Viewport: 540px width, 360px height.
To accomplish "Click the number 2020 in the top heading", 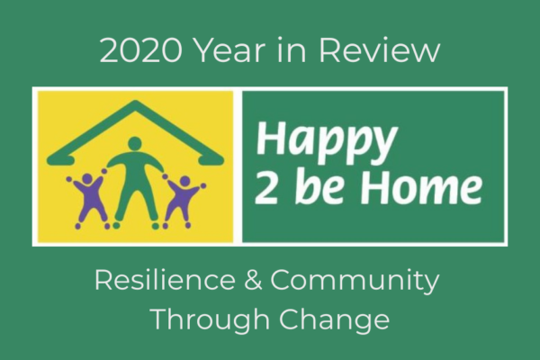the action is point(140,51).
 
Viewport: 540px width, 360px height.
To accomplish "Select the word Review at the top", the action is point(380,51).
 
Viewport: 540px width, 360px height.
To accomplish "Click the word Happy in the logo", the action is point(326,141).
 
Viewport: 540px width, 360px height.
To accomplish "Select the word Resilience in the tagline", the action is point(165,281).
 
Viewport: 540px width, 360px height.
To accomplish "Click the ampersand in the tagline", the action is point(254,281).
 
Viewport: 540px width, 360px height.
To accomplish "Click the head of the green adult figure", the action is point(135,144).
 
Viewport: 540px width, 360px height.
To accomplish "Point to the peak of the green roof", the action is point(135,102).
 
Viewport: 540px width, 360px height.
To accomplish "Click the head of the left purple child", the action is point(86,180).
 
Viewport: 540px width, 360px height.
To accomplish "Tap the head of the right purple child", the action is point(184,182).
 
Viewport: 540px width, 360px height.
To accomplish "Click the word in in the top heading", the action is point(292,51).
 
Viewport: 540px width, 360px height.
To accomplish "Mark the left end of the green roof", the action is point(49,159).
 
